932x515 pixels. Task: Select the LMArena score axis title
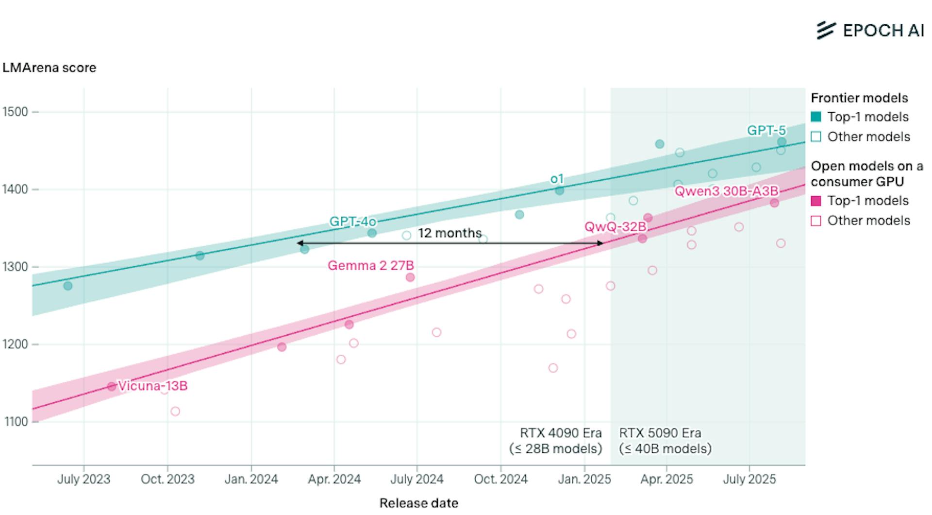[49, 68]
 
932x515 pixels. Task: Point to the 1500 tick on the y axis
[16, 112]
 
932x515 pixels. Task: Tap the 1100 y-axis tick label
[16, 422]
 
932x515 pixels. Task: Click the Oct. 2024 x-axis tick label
[500, 480]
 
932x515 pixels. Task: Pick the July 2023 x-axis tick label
[83, 480]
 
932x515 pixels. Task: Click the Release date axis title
[418, 503]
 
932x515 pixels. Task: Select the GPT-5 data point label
[766, 130]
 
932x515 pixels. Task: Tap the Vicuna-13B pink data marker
[112, 387]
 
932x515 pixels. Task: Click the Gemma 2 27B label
[371, 266]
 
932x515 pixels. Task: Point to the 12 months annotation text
[449, 233]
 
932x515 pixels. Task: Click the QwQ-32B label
[615, 227]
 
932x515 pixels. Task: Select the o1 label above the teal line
[557, 179]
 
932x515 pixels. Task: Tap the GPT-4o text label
[353, 222]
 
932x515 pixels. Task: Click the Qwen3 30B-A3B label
[726, 191]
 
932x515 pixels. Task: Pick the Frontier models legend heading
[859, 98]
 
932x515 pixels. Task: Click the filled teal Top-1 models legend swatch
[816, 117]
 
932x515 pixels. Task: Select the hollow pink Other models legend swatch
[816, 221]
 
